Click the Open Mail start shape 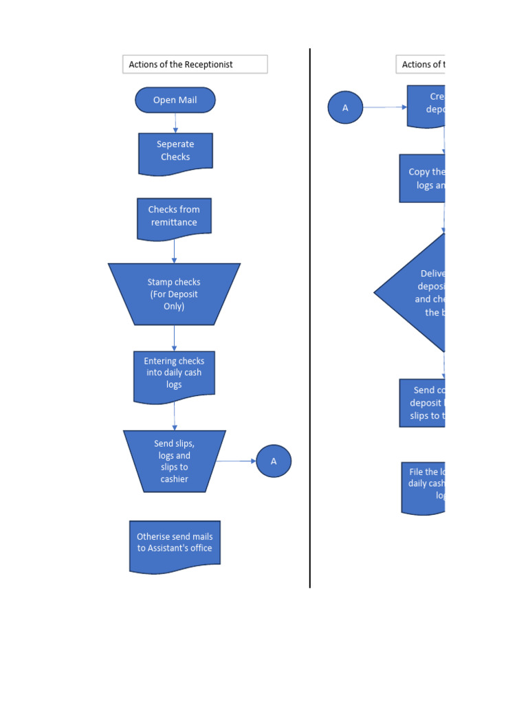point(175,100)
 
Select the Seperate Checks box point(175,152)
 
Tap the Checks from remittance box point(174,217)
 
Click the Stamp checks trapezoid point(174,294)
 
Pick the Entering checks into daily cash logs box point(174,374)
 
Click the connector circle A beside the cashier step point(274,461)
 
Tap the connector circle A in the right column point(345,107)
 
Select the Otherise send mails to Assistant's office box point(175,544)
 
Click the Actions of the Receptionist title point(195,65)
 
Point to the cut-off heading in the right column point(421,65)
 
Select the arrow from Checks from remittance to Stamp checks point(174,251)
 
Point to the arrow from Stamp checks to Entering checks point(174,338)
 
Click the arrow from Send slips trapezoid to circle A point(238,461)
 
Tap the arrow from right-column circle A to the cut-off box point(384,107)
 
